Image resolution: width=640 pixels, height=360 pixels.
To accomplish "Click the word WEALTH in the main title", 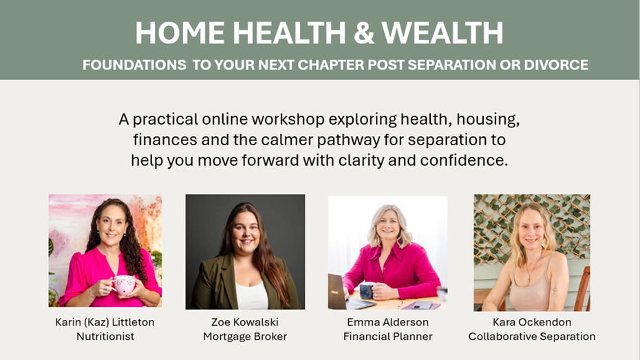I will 442,33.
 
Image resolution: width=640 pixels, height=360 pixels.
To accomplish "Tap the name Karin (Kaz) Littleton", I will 105,322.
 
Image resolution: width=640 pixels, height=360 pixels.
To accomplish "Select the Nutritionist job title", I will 105,337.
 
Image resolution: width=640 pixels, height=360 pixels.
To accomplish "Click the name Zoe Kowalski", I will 244,322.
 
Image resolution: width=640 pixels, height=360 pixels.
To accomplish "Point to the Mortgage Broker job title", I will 244,337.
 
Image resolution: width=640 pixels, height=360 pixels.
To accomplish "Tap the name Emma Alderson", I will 387,322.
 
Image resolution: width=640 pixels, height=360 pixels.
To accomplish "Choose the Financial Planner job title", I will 387,337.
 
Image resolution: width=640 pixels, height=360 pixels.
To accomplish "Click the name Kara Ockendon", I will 531,322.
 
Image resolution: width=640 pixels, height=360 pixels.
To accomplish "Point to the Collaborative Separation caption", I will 531,337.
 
